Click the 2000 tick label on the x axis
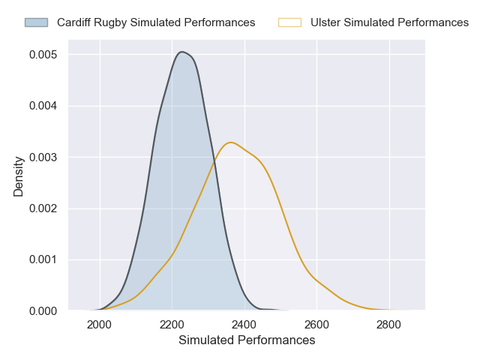100,325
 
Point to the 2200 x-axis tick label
172,325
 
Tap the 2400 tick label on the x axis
244,325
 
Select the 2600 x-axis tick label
316,325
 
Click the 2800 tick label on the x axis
388,325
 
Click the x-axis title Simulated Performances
247,340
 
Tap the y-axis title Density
19,182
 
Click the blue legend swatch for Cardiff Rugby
36,22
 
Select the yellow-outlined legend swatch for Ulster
289,22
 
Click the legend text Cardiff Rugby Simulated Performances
156,22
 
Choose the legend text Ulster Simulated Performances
389,22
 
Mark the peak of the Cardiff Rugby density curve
181,52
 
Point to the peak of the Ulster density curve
231,142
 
